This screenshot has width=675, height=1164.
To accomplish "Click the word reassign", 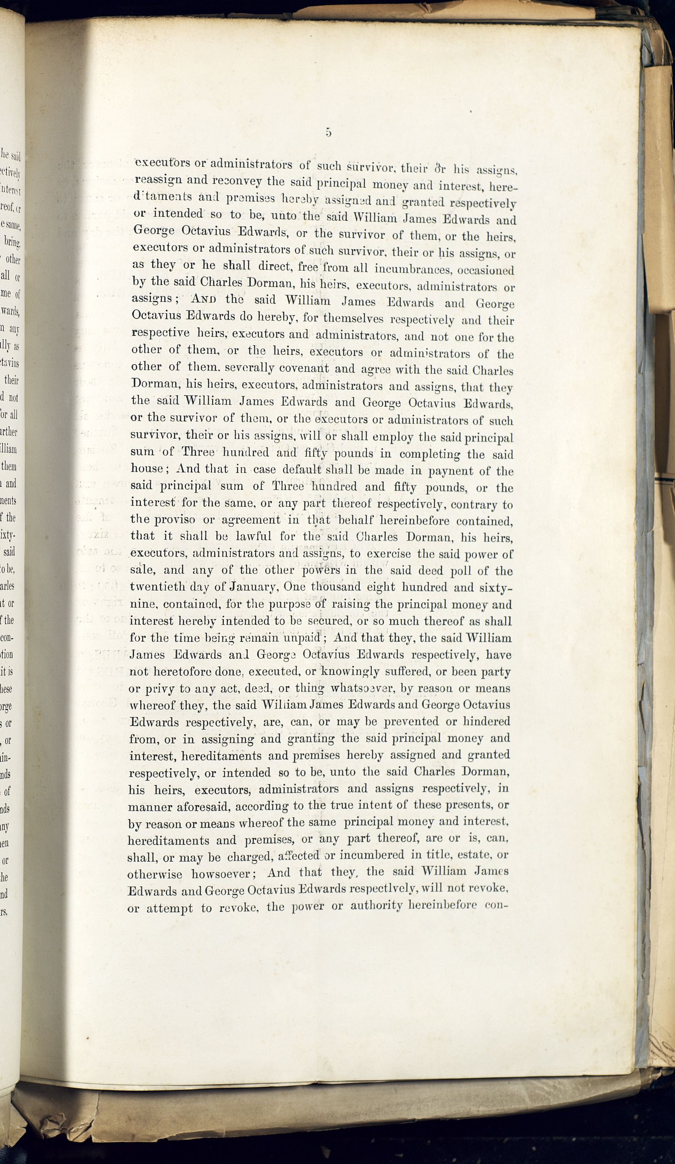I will tap(157, 180).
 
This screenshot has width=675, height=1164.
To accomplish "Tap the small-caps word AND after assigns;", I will tap(203, 299).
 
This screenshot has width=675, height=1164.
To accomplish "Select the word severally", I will tap(251, 369).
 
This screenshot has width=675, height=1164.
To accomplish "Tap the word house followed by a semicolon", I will tap(147, 468).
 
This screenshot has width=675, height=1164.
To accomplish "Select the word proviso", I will tap(174, 520).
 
